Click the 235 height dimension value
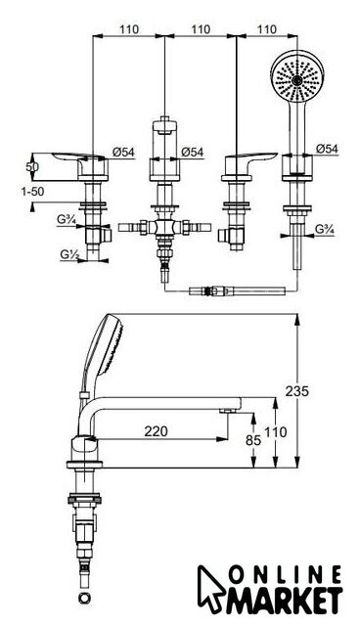[297, 391]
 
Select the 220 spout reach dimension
[157, 431]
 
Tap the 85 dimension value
[253, 440]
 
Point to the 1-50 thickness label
[32, 192]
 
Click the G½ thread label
[68, 254]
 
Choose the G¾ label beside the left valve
[66, 219]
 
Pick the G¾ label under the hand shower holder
[324, 230]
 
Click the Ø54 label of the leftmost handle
[123, 152]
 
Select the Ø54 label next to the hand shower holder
[327, 149]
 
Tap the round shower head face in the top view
[297, 76]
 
